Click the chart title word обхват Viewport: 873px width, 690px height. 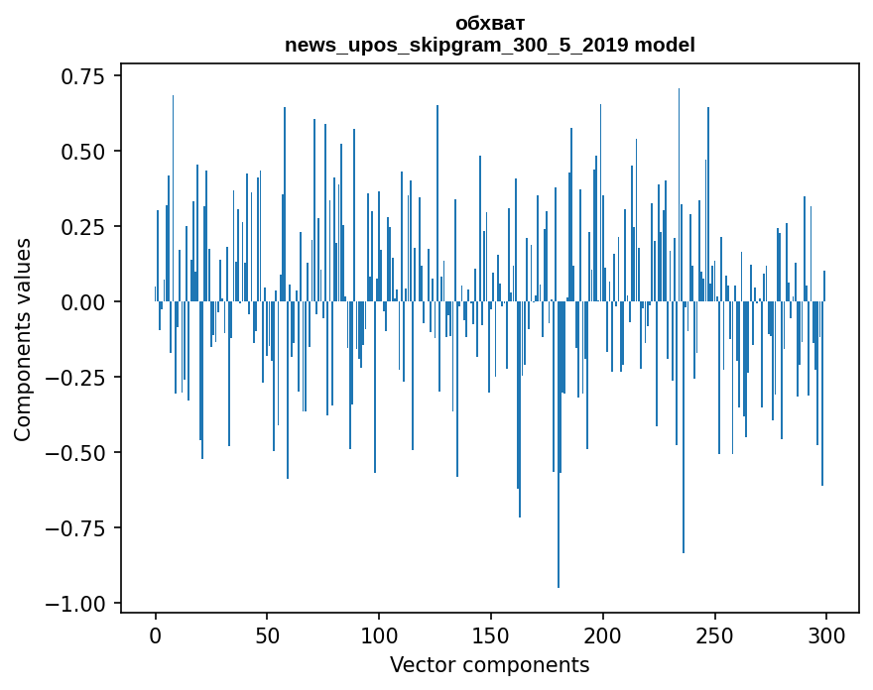490,23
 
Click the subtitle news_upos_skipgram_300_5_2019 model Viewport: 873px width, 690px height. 490,45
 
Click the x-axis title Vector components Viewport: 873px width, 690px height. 490,665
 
